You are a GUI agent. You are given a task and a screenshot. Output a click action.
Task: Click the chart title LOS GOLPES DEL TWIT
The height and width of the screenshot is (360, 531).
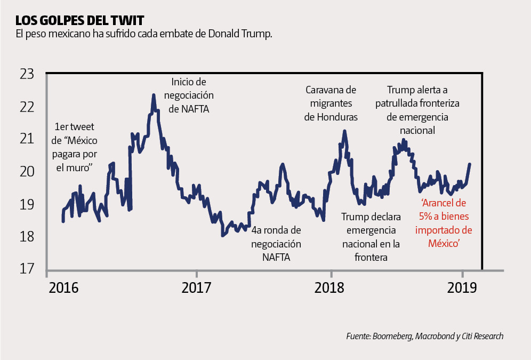coord(79,21)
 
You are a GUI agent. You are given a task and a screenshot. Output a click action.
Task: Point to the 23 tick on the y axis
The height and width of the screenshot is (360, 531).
coord(26,74)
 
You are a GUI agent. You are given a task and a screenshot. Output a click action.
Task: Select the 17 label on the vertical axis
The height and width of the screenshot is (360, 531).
coord(26,269)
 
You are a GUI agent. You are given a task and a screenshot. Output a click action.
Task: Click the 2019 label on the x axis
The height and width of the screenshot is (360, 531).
coord(462,289)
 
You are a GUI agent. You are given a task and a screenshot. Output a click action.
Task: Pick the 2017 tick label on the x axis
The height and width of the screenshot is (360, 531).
coord(196,289)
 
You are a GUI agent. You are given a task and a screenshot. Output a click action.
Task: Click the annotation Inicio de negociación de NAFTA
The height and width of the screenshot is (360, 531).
coord(188,95)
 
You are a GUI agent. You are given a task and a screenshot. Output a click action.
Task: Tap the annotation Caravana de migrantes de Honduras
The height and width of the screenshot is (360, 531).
coord(331,103)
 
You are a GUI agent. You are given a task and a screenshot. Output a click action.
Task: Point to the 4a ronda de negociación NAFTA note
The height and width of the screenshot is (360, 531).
coord(276,244)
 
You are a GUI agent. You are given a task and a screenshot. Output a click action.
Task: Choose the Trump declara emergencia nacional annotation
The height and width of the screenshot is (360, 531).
coord(371,237)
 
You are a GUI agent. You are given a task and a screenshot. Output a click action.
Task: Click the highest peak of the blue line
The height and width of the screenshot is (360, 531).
coord(154,95)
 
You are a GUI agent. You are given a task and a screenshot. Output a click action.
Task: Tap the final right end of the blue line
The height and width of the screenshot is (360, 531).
coord(470,164)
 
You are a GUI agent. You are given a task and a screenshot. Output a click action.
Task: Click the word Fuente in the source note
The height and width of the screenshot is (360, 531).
coord(357,336)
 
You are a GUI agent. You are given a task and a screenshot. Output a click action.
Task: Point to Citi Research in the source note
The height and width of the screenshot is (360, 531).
coord(480,336)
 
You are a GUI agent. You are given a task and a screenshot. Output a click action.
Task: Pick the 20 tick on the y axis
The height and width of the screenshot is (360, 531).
coord(26,172)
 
